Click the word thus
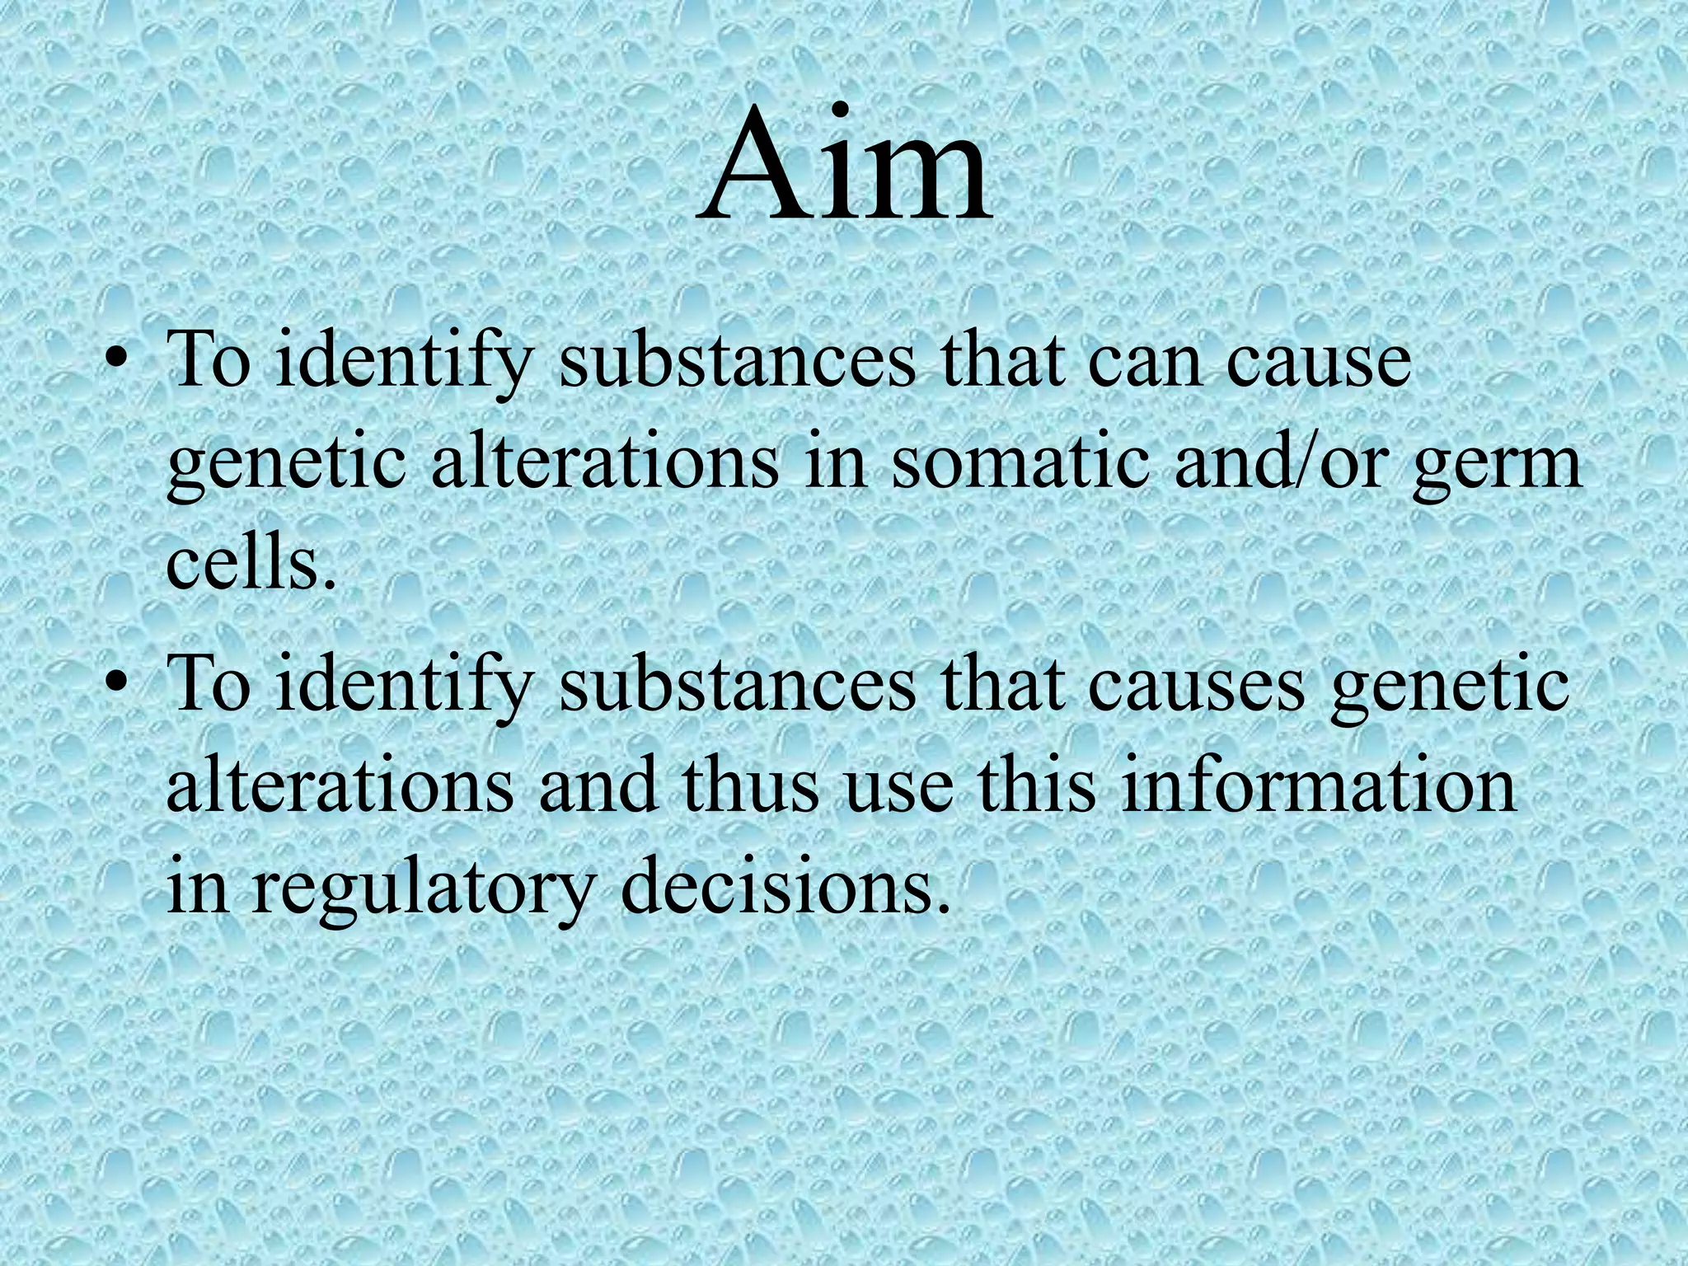(x=749, y=787)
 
